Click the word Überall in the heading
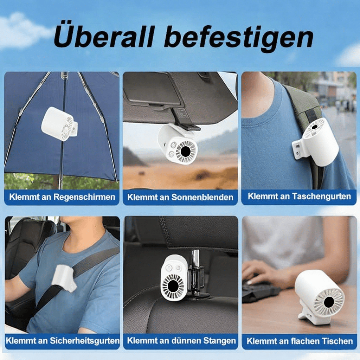click(103, 35)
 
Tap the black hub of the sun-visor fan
click(186, 151)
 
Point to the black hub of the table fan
click(329, 302)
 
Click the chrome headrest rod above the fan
click(195, 258)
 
